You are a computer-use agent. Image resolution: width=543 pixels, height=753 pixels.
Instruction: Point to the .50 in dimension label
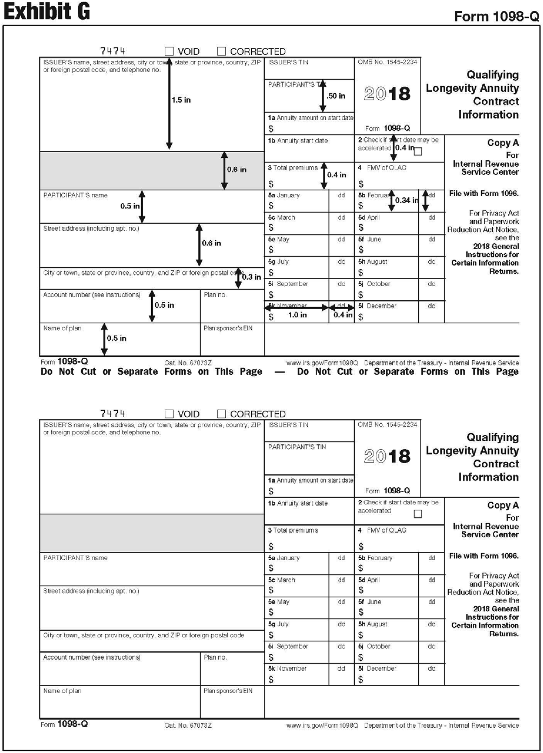[336, 96]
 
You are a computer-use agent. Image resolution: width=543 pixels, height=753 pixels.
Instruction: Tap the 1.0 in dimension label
[297, 315]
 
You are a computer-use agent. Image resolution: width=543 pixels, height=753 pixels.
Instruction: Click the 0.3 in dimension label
[251, 277]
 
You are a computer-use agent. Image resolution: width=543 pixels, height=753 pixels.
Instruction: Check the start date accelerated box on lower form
[418, 514]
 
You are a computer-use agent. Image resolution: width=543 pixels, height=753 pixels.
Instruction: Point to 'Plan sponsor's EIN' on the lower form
[228, 691]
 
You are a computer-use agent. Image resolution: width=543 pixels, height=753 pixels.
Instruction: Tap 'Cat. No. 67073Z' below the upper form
[188, 363]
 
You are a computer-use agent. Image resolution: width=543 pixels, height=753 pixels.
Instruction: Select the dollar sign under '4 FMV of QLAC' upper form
[361, 184]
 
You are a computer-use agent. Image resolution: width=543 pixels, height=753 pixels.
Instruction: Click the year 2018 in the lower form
[387, 456]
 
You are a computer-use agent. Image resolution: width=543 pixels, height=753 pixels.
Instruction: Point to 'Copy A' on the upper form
[503, 143]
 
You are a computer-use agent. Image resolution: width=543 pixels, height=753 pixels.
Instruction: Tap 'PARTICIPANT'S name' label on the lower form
[75, 558]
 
